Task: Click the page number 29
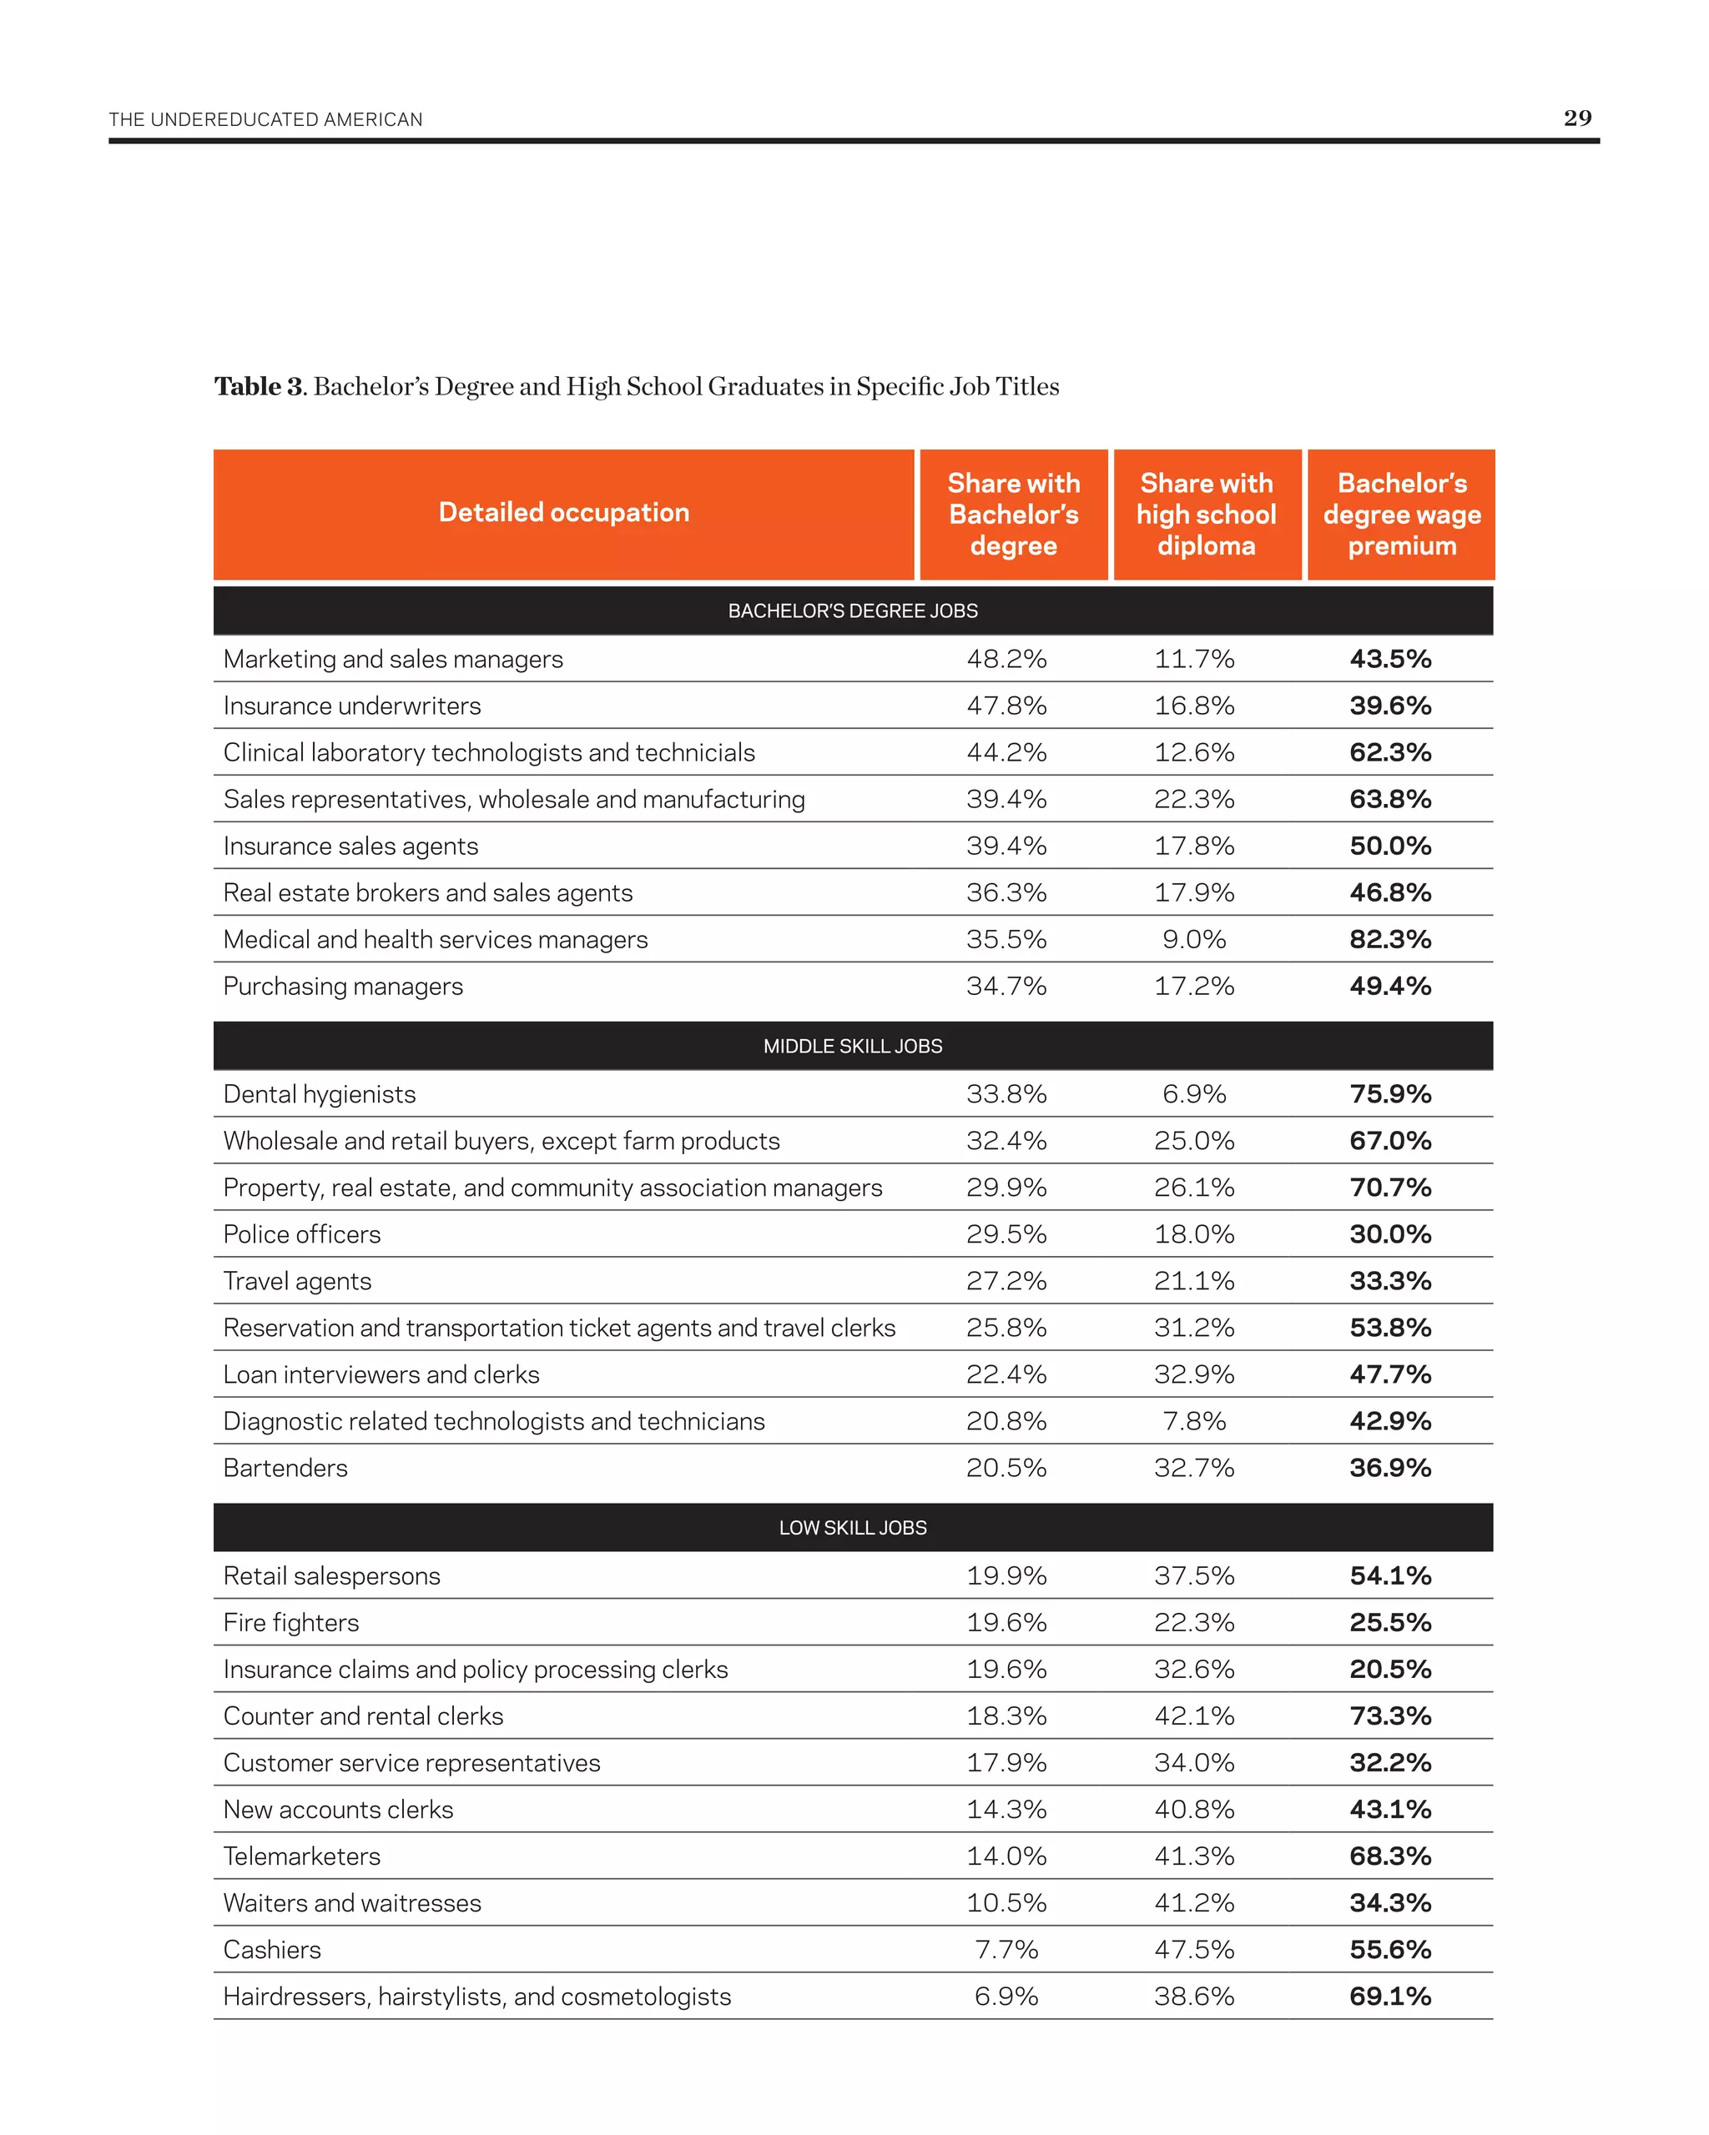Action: tap(1576, 118)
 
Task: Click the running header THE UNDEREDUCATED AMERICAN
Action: tap(265, 120)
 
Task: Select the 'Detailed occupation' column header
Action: tap(564, 513)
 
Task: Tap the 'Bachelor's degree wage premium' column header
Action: tap(1401, 514)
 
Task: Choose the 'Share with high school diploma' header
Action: tap(1206, 514)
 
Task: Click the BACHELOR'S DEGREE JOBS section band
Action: tap(852, 611)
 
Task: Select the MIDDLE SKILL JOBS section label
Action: tap(852, 1047)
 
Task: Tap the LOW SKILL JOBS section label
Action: tap(852, 1528)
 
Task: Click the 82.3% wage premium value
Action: tap(1390, 940)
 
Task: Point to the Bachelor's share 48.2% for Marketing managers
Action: tap(1006, 660)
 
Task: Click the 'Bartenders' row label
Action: tap(285, 1469)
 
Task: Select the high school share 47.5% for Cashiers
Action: tap(1194, 1950)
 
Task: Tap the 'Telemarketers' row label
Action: tap(302, 1856)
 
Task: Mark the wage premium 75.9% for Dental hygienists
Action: tap(1390, 1094)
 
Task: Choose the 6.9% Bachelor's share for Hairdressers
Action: tap(1006, 1997)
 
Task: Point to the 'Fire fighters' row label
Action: tap(291, 1623)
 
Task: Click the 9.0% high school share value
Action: tap(1194, 940)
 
